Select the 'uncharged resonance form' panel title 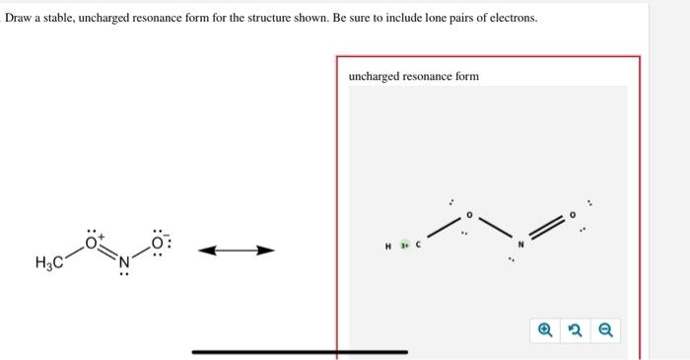(413, 76)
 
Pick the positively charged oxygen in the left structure (93, 240)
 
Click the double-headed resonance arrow (235, 252)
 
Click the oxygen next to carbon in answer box (469, 213)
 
